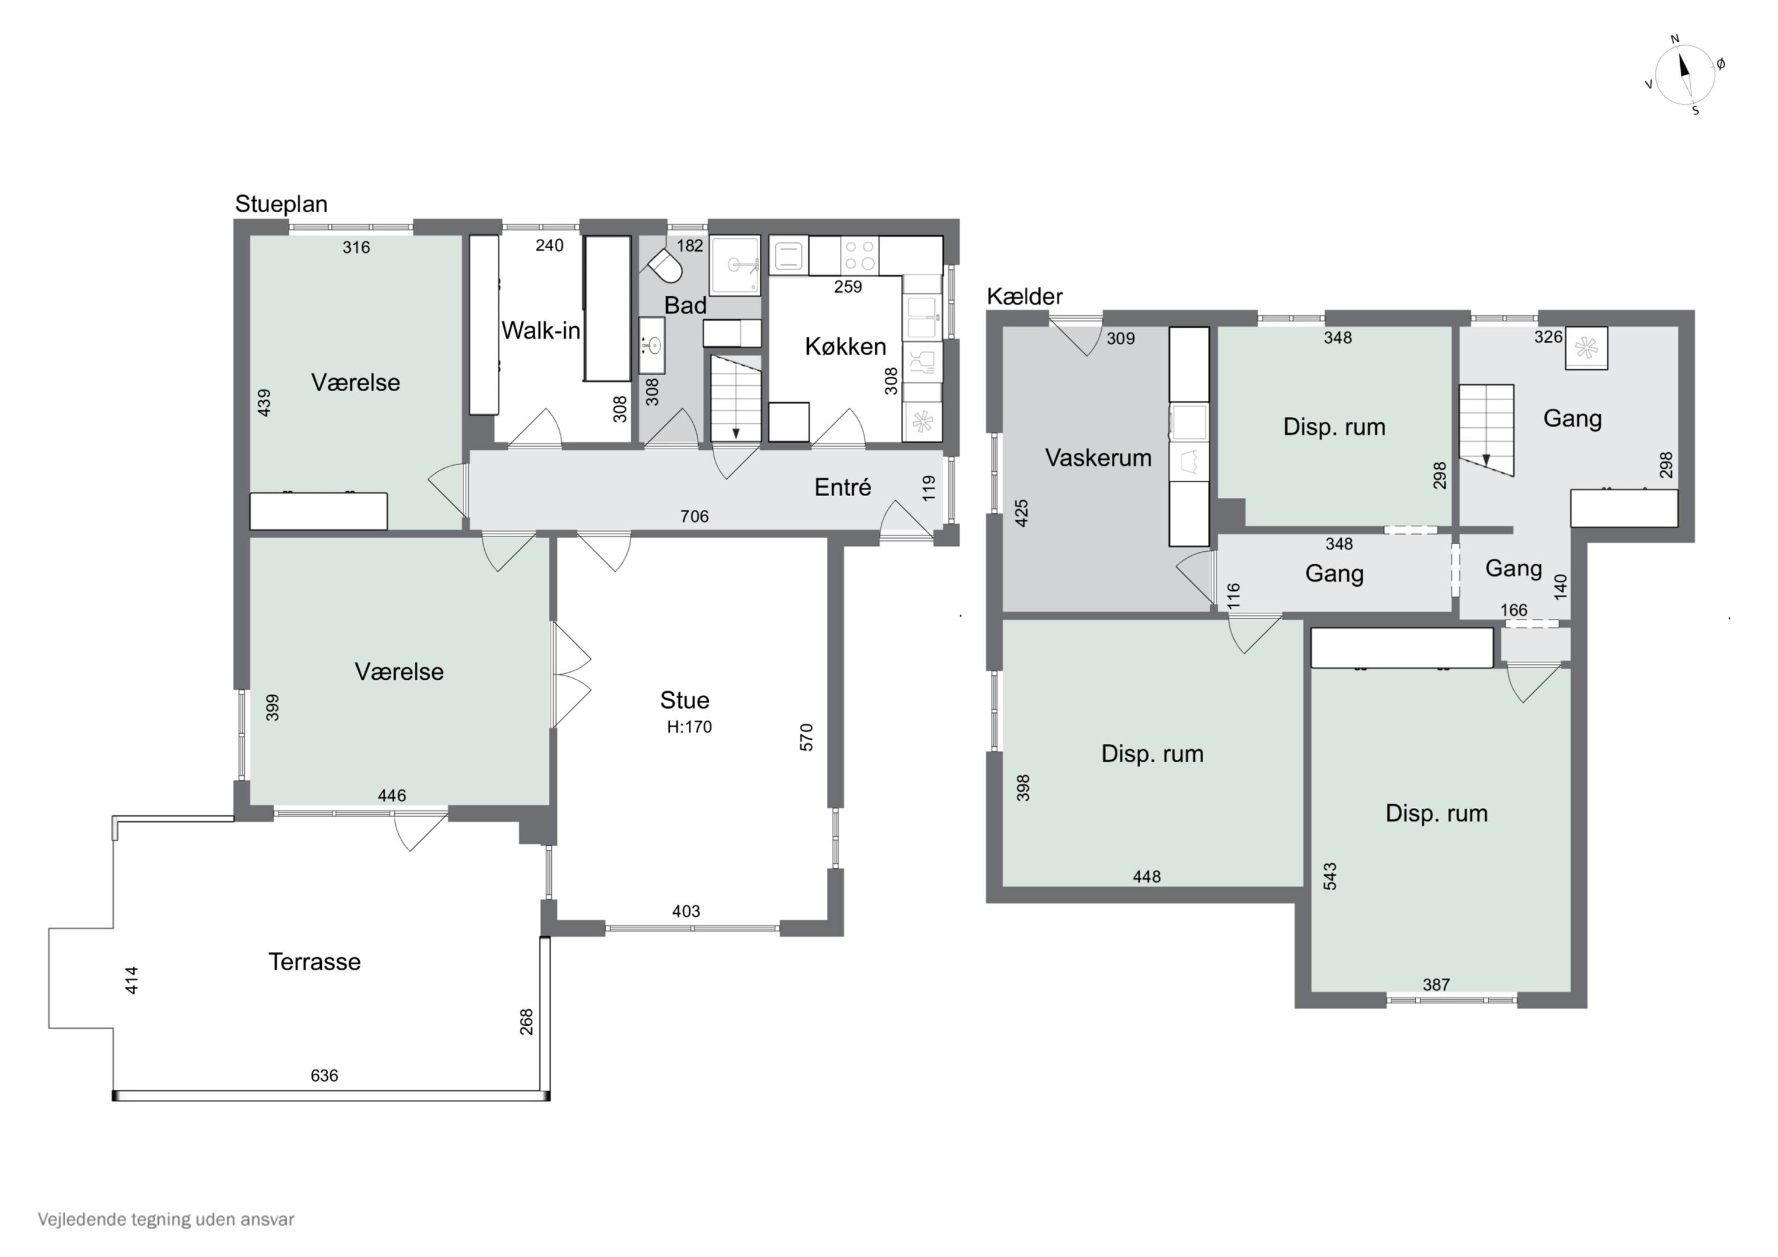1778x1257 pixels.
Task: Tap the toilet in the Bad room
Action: pos(665,266)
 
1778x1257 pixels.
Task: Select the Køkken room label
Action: pos(846,346)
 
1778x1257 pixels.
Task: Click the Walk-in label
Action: pos(541,331)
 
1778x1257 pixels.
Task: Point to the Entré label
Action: pos(843,487)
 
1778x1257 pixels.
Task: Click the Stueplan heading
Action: pos(281,204)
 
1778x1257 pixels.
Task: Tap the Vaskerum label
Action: pos(1098,458)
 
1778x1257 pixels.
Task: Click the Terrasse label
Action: pos(314,962)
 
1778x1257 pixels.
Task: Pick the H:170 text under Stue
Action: pos(689,727)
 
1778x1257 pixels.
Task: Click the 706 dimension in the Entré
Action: pos(695,517)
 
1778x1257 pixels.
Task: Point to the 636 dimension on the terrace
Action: pos(324,1075)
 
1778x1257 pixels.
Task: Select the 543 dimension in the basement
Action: pos(1331,876)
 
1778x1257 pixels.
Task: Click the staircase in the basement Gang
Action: pos(1487,429)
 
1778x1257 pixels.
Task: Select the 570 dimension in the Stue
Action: pos(806,737)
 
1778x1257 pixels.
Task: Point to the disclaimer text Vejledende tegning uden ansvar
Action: pos(166,1220)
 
